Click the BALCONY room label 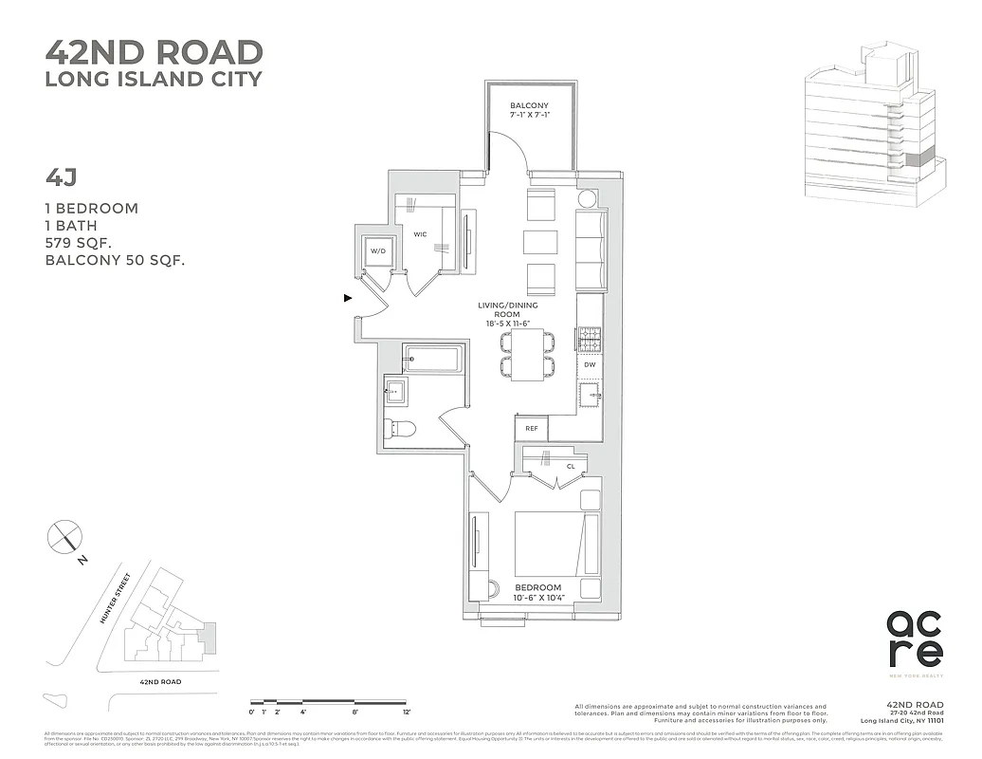tap(529, 104)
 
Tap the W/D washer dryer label tap(376, 251)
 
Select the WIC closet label tap(420, 232)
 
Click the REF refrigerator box tap(531, 429)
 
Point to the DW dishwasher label tap(589, 364)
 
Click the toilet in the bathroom tap(400, 430)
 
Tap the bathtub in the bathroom tap(432, 360)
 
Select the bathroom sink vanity tap(395, 391)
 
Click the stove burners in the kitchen tap(589, 337)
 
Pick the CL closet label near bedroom tap(571, 466)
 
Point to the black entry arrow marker tap(348, 298)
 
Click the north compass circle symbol tap(65, 537)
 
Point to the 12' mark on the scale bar tap(406, 711)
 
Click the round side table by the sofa tap(588, 199)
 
